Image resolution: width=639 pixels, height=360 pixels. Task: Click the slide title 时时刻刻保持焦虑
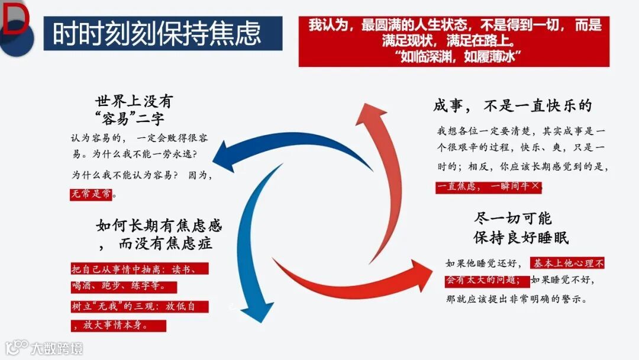157,34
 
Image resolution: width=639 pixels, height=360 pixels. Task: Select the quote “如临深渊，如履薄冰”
455,56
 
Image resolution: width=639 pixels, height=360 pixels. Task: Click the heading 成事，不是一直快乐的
512,105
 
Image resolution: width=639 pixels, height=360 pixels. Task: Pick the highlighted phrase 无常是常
92,194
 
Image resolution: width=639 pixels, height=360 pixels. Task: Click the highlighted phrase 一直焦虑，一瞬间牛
488,186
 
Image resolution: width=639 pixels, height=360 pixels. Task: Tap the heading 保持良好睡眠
521,237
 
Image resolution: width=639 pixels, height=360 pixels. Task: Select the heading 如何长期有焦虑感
159,226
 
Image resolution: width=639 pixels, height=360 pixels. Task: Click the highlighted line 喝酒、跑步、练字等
123,287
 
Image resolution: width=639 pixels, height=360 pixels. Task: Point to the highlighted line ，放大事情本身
118,325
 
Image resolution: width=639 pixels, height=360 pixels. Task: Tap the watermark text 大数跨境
57,348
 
